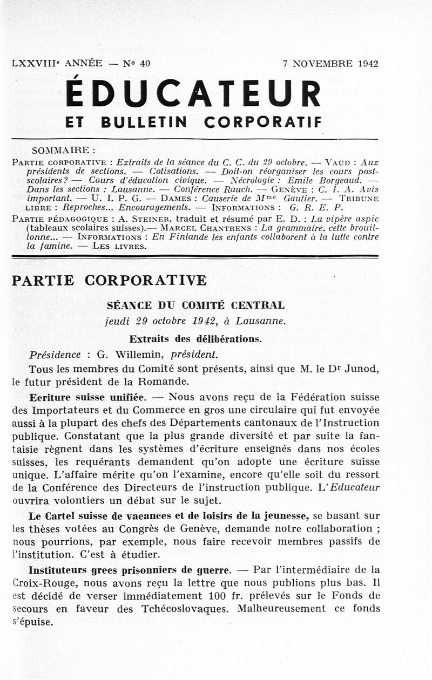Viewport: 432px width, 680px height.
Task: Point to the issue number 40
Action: click(145, 63)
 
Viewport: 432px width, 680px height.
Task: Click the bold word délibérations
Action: click(231, 339)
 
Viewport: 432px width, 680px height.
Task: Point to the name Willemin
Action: click(140, 355)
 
